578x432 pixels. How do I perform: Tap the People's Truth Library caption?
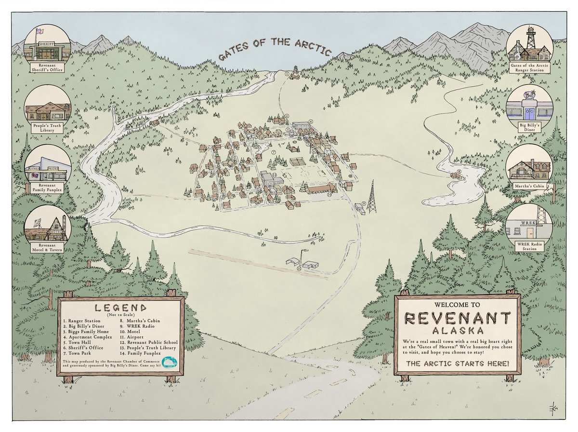pyautogui.click(x=48, y=127)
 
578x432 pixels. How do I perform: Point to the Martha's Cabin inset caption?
pyautogui.click(x=529, y=187)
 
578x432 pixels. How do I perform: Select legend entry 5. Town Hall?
pyautogui.click(x=79, y=337)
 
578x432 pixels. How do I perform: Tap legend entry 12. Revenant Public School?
pyautogui.click(x=148, y=342)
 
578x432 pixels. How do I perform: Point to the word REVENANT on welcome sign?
pyautogui.click(x=458, y=318)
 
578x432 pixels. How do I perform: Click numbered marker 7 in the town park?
pyautogui.click(x=273, y=152)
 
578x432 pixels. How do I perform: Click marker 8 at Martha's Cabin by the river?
pyautogui.click(x=459, y=171)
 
